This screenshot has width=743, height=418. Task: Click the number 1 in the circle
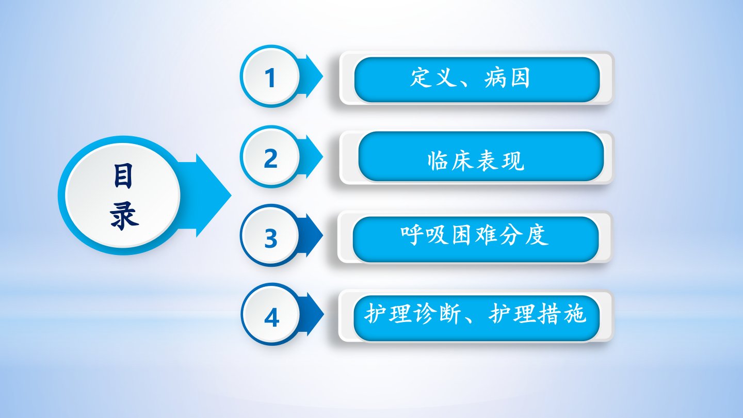click(270, 78)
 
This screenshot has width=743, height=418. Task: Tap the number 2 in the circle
click(271, 158)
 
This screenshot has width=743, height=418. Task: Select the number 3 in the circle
click(271, 238)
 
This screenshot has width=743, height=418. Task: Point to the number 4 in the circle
click(271, 317)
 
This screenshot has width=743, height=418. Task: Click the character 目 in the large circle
click(123, 176)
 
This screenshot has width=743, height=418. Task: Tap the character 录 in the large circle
click(124, 216)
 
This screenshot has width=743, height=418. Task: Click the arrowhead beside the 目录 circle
click(231, 196)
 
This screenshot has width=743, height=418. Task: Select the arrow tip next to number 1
click(322, 76)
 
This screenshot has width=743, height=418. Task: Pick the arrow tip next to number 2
click(322, 156)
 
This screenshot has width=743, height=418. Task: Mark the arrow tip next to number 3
click(322, 235)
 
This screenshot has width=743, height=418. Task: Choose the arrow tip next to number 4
click(324, 314)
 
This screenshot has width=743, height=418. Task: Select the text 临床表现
click(476, 161)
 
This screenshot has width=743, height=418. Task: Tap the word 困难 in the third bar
click(474, 235)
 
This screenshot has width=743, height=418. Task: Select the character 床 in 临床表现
click(463, 161)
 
